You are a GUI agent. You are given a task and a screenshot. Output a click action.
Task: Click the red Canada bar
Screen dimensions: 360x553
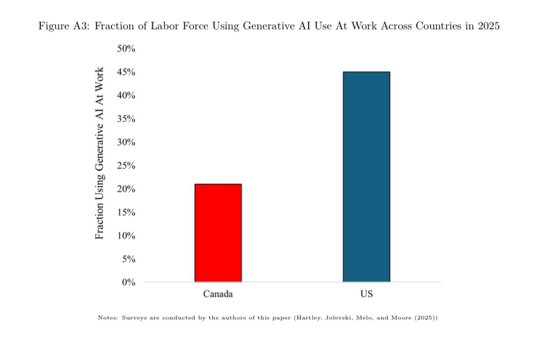[218, 233]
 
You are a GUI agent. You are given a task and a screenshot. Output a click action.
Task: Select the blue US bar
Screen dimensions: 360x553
[366, 177]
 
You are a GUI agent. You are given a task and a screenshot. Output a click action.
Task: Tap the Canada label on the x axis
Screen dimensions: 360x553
[218, 294]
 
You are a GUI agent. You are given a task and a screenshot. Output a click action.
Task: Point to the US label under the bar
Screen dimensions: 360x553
[366, 294]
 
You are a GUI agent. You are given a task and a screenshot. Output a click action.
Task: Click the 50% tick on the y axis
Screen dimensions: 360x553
[126, 49]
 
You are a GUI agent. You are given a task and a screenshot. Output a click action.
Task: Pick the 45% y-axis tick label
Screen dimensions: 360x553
[126, 72]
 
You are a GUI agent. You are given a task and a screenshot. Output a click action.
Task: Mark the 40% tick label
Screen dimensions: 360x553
[126, 95]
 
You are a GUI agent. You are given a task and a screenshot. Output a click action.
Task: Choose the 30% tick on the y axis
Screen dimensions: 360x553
[126, 142]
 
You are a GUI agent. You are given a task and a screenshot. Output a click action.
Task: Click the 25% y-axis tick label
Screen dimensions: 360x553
[126, 166]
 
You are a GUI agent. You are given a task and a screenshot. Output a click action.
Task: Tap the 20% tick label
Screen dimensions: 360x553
[126, 189]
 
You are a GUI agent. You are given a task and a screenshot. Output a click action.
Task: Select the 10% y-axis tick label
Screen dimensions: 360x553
[126, 236]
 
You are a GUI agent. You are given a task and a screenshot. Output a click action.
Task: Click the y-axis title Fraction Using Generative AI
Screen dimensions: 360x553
[100, 153]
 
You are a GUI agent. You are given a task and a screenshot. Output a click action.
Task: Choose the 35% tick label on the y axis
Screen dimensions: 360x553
[126, 119]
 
